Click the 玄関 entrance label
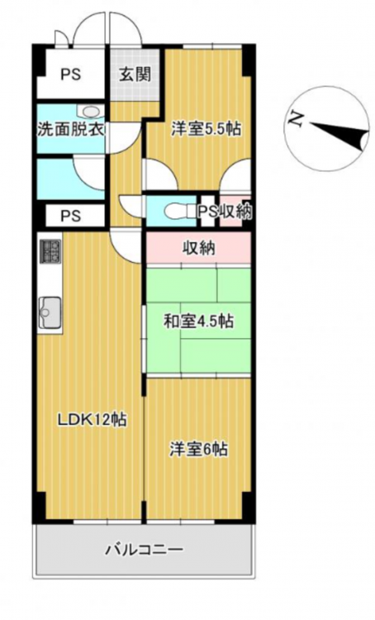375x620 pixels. pyautogui.click(x=135, y=74)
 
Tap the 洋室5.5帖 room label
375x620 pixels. pyautogui.click(x=206, y=129)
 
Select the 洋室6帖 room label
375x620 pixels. pyautogui.click(x=199, y=450)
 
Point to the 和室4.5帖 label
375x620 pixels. pyautogui.click(x=199, y=321)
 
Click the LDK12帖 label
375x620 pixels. pyautogui.click(x=92, y=419)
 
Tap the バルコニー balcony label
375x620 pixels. pyautogui.click(x=145, y=550)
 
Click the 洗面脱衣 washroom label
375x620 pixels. pyautogui.click(x=71, y=129)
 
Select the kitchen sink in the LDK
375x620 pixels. pyautogui.click(x=50, y=312)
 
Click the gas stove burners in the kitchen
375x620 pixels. pyautogui.click(x=50, y=251)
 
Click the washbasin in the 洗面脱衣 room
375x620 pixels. pyautogui.click(x=91, y=111)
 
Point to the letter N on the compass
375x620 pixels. pyautogui.click(x=296, y=118)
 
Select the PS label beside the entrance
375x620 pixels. pyautogui.click(x=71, y=74)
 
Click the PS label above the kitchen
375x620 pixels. pyautogui.click(x=71, y=216)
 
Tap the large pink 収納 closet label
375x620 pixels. pyautogui.click(x=199, y=248)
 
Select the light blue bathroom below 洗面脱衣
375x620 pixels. pyautogui.click(x=71, y=179)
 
